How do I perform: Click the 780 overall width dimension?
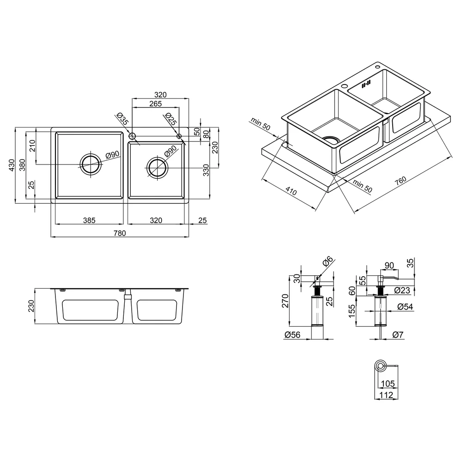point(120,233)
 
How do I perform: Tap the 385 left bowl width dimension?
point(89,220)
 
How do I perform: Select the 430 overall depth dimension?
point(12,165)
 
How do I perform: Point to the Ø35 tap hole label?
point(122,118)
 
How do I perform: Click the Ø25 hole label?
point(171,118)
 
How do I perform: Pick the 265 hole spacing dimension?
point(155,103)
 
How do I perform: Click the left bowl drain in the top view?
point(91,164)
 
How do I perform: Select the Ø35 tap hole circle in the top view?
point(132,136)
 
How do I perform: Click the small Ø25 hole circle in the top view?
point(179,136)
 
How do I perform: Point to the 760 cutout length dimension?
point(401,181)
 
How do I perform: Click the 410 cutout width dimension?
point(291,191)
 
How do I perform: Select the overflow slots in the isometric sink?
point(366,84)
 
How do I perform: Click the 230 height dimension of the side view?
point(31,306)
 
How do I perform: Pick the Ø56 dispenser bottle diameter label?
point(292,334)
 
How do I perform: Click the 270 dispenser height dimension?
point(285,301)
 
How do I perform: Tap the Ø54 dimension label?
point(405,307)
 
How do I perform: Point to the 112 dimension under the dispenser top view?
point(386,395)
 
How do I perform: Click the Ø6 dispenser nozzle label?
point(328,261)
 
